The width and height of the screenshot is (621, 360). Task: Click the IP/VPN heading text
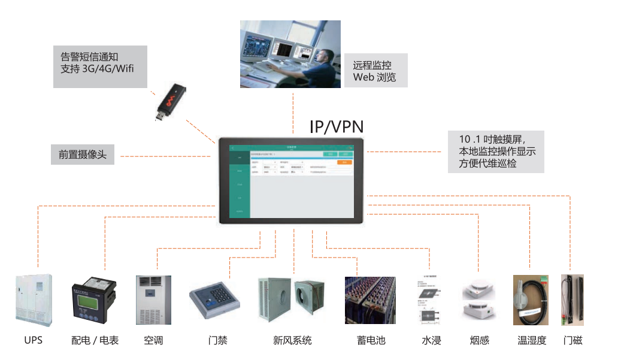coord(337,126)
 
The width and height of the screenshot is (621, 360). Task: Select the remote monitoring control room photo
coord(290,55)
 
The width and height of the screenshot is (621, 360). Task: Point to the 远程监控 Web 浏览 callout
coord(375,71)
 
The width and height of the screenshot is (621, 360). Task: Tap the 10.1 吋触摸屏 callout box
coord(496,152)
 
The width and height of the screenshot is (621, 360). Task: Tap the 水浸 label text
coord(431,340)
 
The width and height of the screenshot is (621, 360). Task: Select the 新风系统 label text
coord(292,340)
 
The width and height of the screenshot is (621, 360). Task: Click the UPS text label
coord(34,340)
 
